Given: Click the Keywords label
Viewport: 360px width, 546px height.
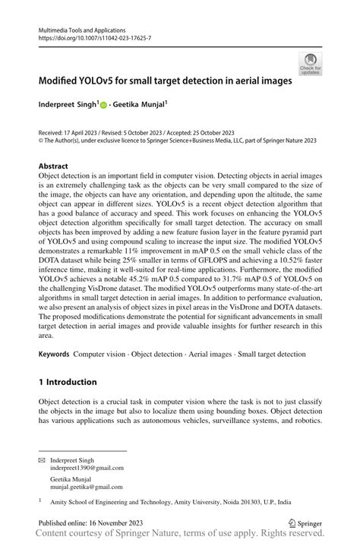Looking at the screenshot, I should (54, 355).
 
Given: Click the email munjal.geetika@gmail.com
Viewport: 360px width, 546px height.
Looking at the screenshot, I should (87, 487).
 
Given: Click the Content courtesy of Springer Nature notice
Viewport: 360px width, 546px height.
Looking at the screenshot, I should (180, 535).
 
